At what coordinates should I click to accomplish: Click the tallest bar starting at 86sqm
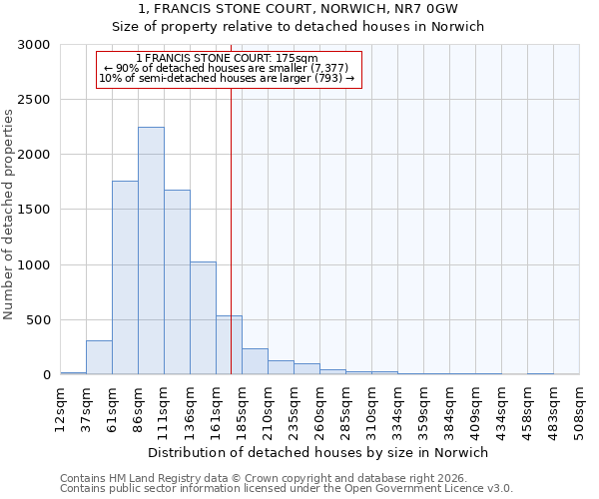coord(151,250)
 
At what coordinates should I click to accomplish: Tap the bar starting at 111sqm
coord(177,282)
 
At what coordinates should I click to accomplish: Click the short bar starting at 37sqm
coord(99,357)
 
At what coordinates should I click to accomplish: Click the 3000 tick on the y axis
coord(34,45)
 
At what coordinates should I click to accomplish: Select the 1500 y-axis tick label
coord(34,210)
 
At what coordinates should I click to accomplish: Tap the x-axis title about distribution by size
coord(316,452)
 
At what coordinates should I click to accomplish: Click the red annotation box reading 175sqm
coord(228,68)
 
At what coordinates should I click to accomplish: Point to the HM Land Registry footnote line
coord(255,478)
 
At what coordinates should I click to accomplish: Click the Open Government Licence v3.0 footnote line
coord(287,488)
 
